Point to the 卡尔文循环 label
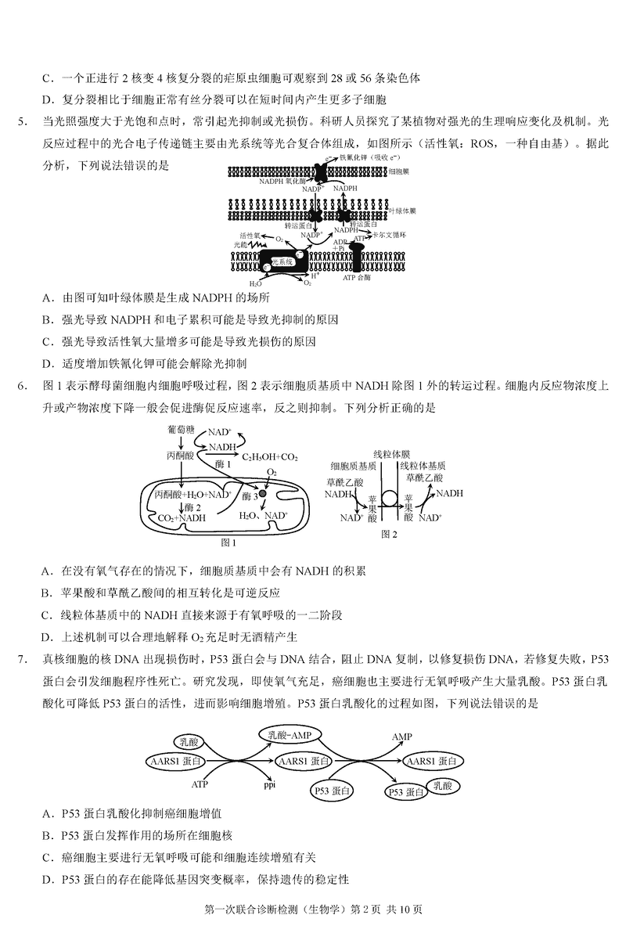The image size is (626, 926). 390,234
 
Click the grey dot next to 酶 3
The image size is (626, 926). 264,495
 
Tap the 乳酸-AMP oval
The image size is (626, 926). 290,735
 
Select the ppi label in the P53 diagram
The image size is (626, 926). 270,783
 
